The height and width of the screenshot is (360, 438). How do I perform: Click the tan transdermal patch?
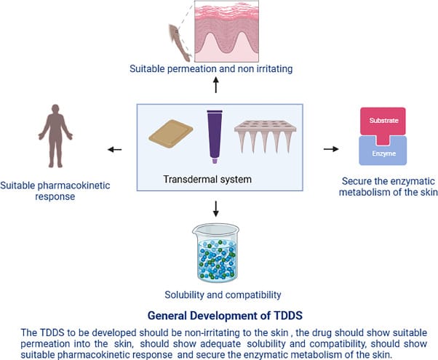pos(171,135)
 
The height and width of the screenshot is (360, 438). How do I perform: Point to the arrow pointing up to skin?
pos(215,86)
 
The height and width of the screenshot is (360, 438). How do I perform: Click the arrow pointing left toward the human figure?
pos(115,150)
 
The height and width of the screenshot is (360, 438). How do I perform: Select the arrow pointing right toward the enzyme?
pos(330,149)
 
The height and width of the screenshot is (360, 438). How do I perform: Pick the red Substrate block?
pos(383,121)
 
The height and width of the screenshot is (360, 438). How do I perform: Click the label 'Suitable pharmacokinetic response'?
pos(55,191)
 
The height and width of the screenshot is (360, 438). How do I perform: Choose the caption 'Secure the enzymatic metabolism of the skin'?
pos(383,187)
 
